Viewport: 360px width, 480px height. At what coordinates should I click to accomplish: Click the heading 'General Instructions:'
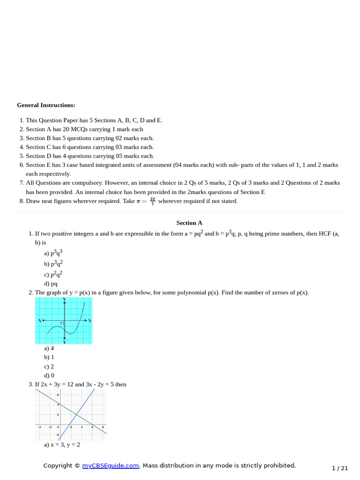click(46, 105)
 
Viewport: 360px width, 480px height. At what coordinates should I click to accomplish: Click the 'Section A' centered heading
click(189, 223)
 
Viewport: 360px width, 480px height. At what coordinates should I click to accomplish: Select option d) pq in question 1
click(51, 284)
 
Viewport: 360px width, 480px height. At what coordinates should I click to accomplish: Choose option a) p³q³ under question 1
click(53, 253)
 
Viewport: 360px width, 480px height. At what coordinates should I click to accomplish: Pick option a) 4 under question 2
click(49, 348)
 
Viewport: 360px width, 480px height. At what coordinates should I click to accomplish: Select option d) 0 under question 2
click(49, 375)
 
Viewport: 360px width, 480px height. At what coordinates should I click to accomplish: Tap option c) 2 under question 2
click(49, 367)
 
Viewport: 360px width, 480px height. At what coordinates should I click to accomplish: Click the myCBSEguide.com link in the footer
click(111, 465)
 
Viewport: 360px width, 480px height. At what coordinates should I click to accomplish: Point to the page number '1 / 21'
click(340, 468)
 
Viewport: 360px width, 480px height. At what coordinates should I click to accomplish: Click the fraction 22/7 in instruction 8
click(153, 201)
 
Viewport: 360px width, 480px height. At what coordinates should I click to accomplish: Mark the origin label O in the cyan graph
click(61, 323)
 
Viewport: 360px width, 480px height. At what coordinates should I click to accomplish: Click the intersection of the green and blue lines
click(76, 413)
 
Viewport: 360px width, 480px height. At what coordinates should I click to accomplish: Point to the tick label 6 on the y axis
click(58, 395)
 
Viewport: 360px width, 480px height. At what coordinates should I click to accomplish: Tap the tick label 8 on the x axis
click(103, 427)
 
